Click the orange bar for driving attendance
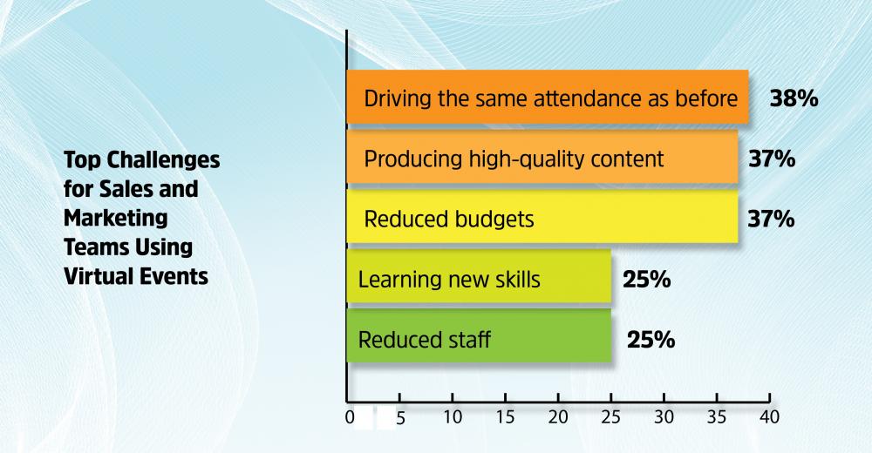[x=548, y=97]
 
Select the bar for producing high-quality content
[x=542, y=157]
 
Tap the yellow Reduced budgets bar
[x=542, y=217]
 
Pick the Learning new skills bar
[x=479, y=277]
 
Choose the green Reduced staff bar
[x=479, y=336]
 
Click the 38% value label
[x=794, y=99]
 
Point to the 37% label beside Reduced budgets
[x=772, y=219]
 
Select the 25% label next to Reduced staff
[x=651, y=340]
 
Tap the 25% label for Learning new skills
[x=647, y=279]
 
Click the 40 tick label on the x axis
[x=770, y=417]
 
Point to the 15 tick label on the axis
[x=505, y=417]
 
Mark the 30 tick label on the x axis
[x=664, y=417]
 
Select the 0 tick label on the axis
[x=350, y=417]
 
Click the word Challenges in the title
[x=163, y=160]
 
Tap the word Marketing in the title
[x=116, y=218]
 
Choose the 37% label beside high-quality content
[x=772, y=159]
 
